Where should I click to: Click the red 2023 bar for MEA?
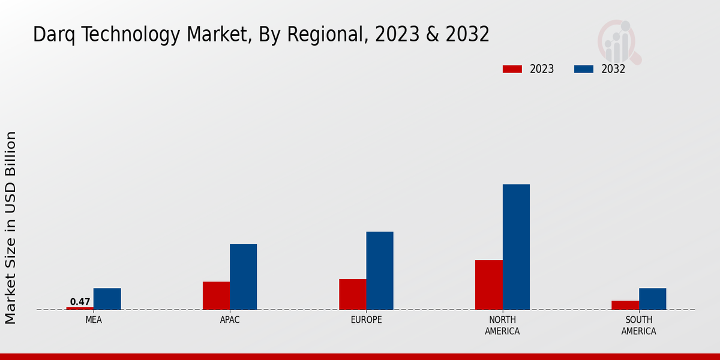click(80, 308)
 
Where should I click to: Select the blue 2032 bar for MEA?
click(107, 299)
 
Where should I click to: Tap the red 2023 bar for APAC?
click(216, 296)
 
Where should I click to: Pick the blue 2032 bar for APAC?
click(243, 277)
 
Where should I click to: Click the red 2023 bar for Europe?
click(352, 294)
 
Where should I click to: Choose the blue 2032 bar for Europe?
click(380, 271)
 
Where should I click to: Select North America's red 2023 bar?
click(488, 284)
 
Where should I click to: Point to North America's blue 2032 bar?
click(516, 247)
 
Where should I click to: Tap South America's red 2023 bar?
click(625, 305)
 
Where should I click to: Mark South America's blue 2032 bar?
click(652, 299)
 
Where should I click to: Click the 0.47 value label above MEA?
click(80, 302)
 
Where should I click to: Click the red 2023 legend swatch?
click(512, 69)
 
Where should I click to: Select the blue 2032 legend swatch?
click(584, 69)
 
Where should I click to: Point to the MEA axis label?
click(94, 320)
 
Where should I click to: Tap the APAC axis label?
click(230, 320)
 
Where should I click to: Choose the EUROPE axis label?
click(366, 320)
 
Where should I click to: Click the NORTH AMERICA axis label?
click(502, 325)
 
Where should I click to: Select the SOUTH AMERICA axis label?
click(638, 325)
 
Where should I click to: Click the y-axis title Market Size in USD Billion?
click(11, 228)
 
